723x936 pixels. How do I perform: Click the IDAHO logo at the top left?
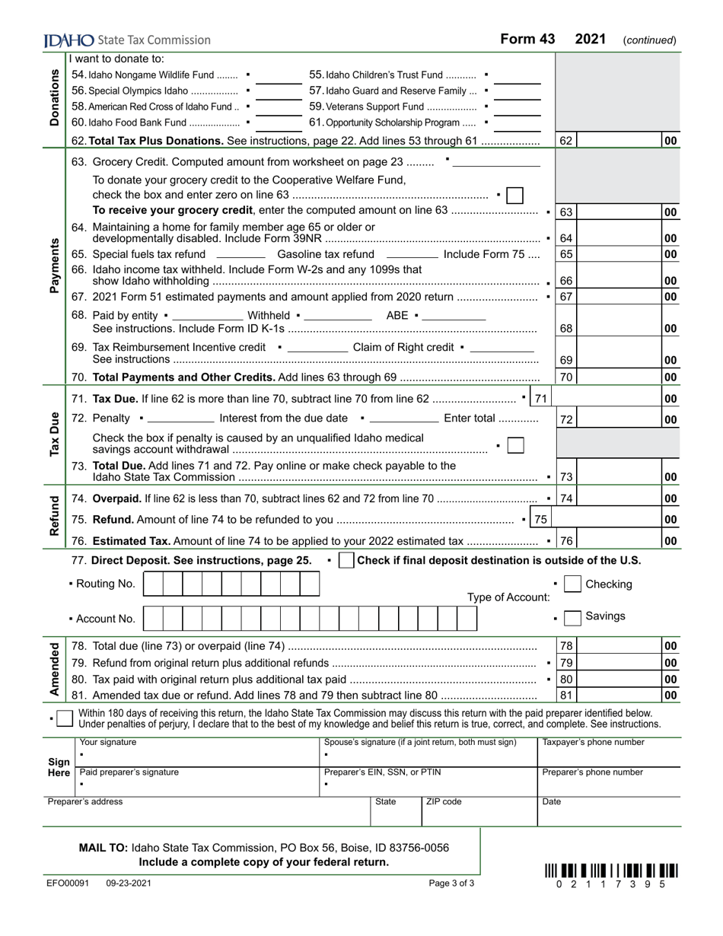(x=69, y=40)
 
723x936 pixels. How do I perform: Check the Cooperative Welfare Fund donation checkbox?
(x=514, y=196)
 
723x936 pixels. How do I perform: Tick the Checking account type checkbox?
(x=573, y=584)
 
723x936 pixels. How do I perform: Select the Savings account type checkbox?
(x=573, y=617)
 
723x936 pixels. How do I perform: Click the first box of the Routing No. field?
(x=153, y=584)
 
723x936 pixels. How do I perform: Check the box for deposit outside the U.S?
(x=346, y=561)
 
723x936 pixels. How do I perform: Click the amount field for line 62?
(x=619, y=141)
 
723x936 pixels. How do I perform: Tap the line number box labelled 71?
(x=540, y=399)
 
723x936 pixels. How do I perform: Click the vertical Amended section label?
(x=54, y=670)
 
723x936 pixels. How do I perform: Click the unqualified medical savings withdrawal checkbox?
(x=515, y=446)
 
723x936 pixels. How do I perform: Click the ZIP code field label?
(x=443, y=801)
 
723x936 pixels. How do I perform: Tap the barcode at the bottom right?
(x=611, y=871)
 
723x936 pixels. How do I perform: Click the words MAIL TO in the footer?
(x=104, y=848)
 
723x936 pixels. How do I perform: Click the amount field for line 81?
(x=619, y=695)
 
